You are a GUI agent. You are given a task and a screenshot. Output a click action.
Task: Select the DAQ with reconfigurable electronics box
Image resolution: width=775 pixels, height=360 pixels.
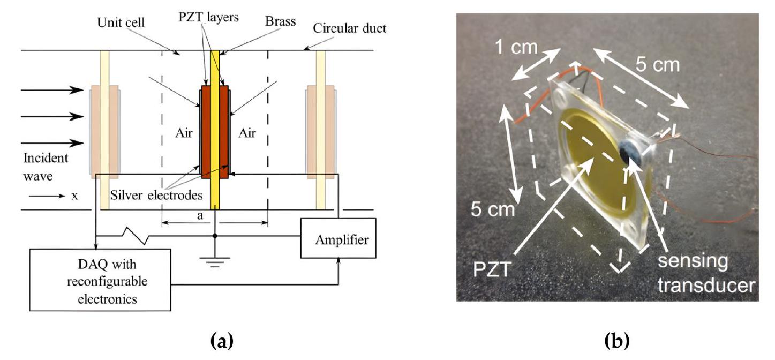[x=100, y=279]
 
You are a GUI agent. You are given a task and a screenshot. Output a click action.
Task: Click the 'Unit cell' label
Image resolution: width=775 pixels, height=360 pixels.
[x=118, y=22]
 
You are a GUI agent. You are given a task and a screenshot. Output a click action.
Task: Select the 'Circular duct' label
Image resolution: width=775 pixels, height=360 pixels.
[x=358, y=28]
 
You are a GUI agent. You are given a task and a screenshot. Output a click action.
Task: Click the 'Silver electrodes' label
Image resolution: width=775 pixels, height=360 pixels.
[x=157, y=196]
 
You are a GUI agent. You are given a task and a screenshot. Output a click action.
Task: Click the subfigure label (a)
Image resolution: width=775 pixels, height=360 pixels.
[x=214, y=340]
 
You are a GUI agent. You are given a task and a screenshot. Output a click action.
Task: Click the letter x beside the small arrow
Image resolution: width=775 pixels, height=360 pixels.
[x=74, y=196]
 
